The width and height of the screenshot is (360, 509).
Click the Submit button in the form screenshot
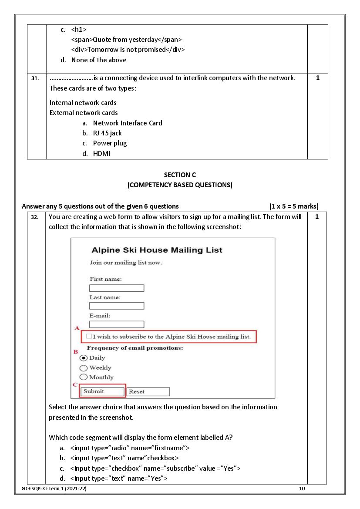[x=102, y=391]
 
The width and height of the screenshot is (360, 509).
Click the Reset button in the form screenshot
[x=148, y=392]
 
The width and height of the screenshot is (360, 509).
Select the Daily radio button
[x=83, y=358]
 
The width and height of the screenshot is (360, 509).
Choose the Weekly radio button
[x=83, y=368]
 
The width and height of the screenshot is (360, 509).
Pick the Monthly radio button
[x=83, y=377]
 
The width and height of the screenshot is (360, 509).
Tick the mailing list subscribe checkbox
[x=89, y=337]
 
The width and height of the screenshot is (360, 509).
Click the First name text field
[x=117, y=288]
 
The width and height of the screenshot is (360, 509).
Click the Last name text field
[x=117, y=306]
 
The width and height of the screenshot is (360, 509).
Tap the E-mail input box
[x=117, y=324]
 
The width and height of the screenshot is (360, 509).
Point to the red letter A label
[x=77, y=328]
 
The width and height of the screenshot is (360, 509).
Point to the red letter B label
[x=75, y=351]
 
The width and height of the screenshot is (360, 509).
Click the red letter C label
[x=75, y=385]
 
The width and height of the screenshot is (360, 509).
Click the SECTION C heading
[x=180, y=175]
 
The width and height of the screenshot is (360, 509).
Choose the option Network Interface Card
[x=128, y=123]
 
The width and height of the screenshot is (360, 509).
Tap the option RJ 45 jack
[x=108, y=133]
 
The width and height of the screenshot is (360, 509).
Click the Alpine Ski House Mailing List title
[x=157, y=250]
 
